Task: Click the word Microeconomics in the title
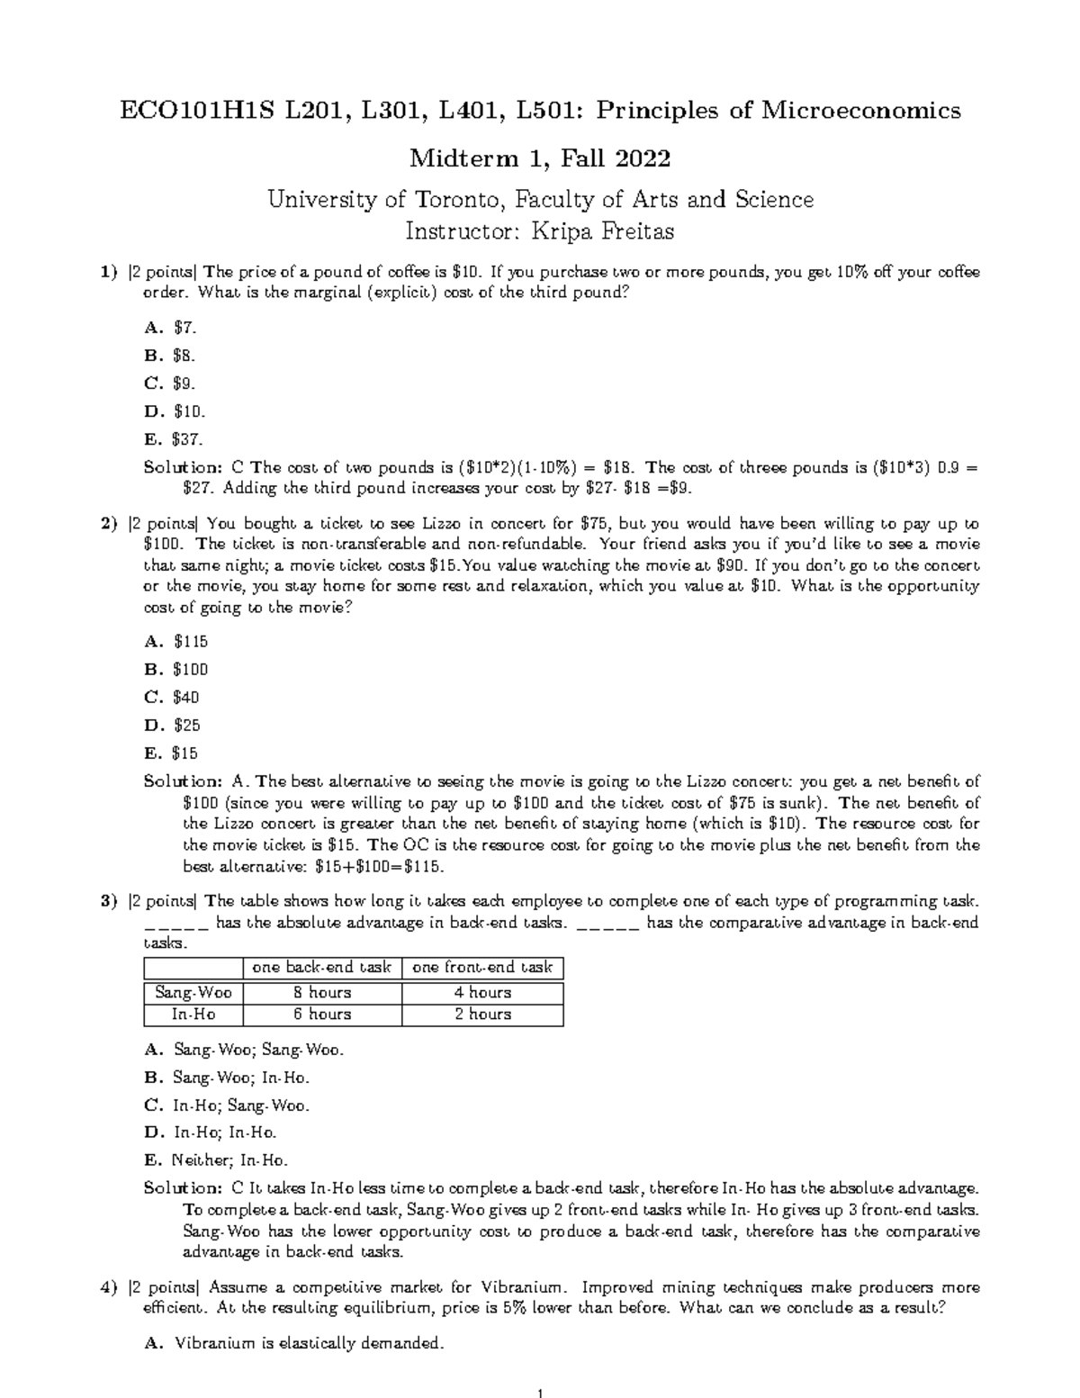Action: pos(861,111)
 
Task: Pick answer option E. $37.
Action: pos(173,440)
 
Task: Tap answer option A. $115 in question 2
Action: pos(175,641)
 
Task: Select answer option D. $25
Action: pos(172,726)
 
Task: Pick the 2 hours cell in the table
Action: pos(482,1015)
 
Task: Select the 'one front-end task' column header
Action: pos(482,968)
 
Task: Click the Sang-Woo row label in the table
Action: pos(193,993)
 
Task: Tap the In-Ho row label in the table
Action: pos(193,1015)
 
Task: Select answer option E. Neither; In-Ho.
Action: pos(216,1160)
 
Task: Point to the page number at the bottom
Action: pos(539,1386)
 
